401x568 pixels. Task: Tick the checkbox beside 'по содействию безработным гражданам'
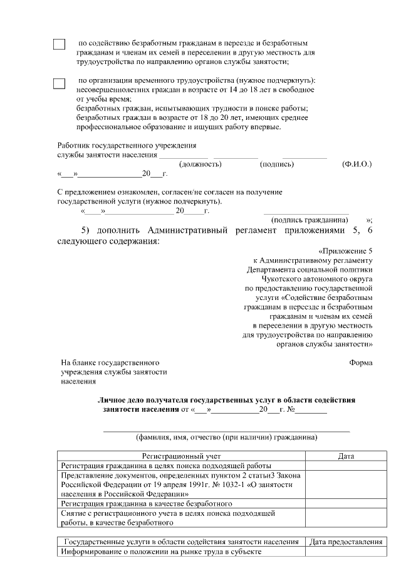tap(59, 45)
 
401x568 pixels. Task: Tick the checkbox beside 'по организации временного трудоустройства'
tap(59, 83)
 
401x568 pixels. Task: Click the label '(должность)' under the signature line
tap(200, 164)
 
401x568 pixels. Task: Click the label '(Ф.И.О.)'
tap(357, 164)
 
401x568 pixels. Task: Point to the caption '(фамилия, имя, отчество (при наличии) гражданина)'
tap(227, 437)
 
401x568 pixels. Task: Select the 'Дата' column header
tap(346, 456)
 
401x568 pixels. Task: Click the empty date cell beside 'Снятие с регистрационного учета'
tap(346, 517)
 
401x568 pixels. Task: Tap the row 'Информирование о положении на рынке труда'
tap(160, 552)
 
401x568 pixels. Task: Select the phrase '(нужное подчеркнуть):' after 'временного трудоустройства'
tap(276, 82)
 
